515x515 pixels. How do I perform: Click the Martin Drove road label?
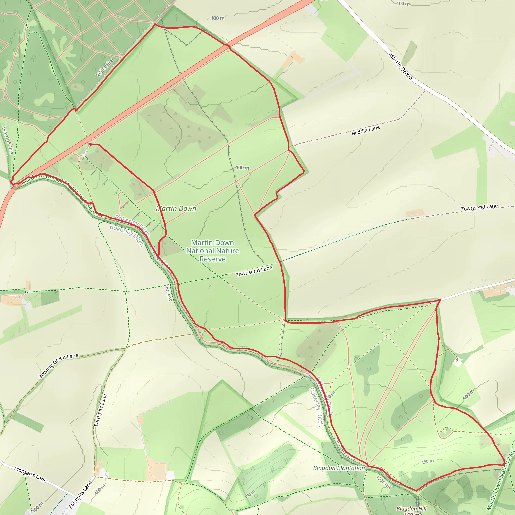400,66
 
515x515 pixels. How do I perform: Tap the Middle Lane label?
365,131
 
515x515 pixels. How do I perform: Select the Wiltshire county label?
105,67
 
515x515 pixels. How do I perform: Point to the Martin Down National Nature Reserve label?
212,250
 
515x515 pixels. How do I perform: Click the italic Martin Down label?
176,208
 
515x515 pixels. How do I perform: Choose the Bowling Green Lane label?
58,365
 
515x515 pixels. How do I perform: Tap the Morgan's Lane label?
30,475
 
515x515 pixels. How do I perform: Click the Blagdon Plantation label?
339,468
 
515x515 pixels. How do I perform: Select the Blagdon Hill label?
411,509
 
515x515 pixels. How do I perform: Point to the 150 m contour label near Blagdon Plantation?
427,461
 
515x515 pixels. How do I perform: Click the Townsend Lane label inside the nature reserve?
254,271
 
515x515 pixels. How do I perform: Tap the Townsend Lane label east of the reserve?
479,207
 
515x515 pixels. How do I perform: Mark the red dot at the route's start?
90,144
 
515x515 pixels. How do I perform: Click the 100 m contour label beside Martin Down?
243,168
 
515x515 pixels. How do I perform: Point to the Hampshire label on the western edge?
7,140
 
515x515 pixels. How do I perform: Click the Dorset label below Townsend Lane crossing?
168,292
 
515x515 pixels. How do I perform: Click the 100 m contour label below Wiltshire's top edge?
218,18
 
